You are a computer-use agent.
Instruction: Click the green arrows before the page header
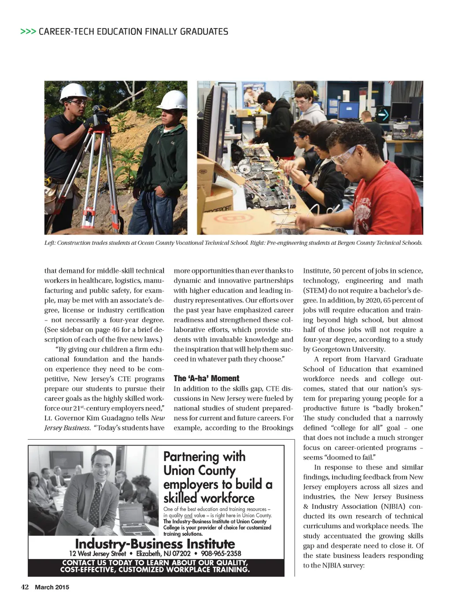(28, 32)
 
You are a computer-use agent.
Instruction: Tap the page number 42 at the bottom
(25, 587)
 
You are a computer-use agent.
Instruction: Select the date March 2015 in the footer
(52, 587)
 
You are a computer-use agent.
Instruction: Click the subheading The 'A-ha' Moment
(206, 378)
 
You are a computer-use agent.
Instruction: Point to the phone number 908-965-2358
(221, 553)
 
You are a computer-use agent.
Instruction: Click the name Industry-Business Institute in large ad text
(155, 544)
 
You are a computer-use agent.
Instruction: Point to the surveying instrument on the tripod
(100, 114)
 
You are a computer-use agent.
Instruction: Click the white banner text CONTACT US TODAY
(155, 563)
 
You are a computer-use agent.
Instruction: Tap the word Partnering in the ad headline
(191, 456)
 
